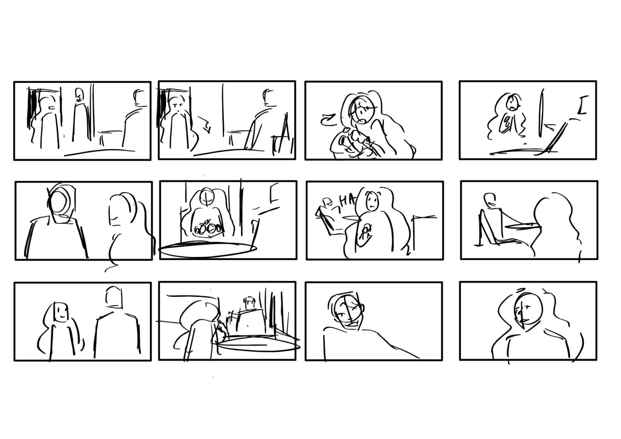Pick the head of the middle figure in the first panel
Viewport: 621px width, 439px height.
pyautogui.click(x=80, y=95)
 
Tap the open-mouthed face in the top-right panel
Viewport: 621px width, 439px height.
pyautogui.click(x=512, y=103)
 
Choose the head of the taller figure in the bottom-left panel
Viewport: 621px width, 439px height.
pyautogui.click(x=113, y=297)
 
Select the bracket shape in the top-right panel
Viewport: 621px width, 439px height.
pyautogui.click(x=583, y=105)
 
